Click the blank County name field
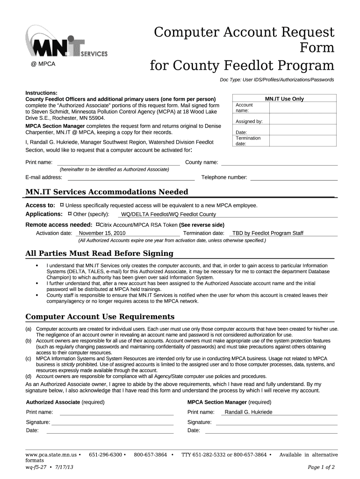click(x=279, y=163)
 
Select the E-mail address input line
click(x=131, y=177)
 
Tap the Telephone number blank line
click(x=294, y=177)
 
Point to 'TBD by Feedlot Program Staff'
click(x=268, y=233)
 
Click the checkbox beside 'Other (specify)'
click(x=70, y=214)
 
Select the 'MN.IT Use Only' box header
click(x=284, y=99)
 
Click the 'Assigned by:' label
click(x=249, y=122)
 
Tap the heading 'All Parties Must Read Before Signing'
click(x=99, y=254)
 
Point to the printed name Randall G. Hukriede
click(x=248, y=412)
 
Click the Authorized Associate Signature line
click(x=112, y=422)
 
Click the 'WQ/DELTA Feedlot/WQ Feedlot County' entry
click(x=168, y=214)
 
